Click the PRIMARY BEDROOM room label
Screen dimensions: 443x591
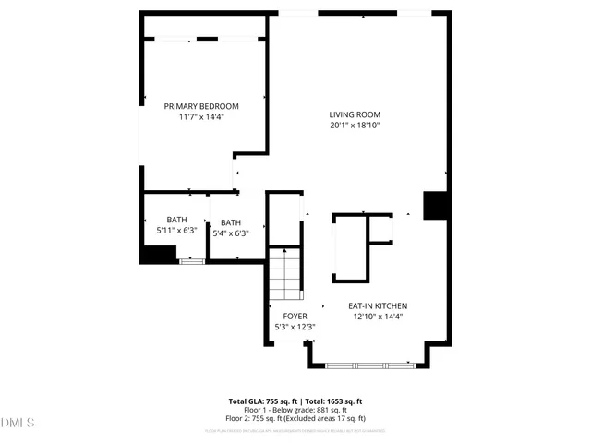(x=201, y=106)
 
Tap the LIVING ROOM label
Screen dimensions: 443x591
(x=356, y=114)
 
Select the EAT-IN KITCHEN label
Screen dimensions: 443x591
(x=378, y=305)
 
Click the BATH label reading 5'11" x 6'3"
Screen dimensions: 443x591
(x=176, y=220)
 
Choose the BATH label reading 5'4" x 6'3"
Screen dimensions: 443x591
(x=231, y=222)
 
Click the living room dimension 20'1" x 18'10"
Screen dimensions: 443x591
(x=356, y=126)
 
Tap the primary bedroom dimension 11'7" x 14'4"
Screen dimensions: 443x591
(x=201, y=117)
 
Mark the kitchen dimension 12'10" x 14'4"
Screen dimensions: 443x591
(x=378, y=317)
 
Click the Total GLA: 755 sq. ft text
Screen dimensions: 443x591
(x=261, y=401)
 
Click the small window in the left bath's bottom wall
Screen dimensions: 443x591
(x=191, y=262)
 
